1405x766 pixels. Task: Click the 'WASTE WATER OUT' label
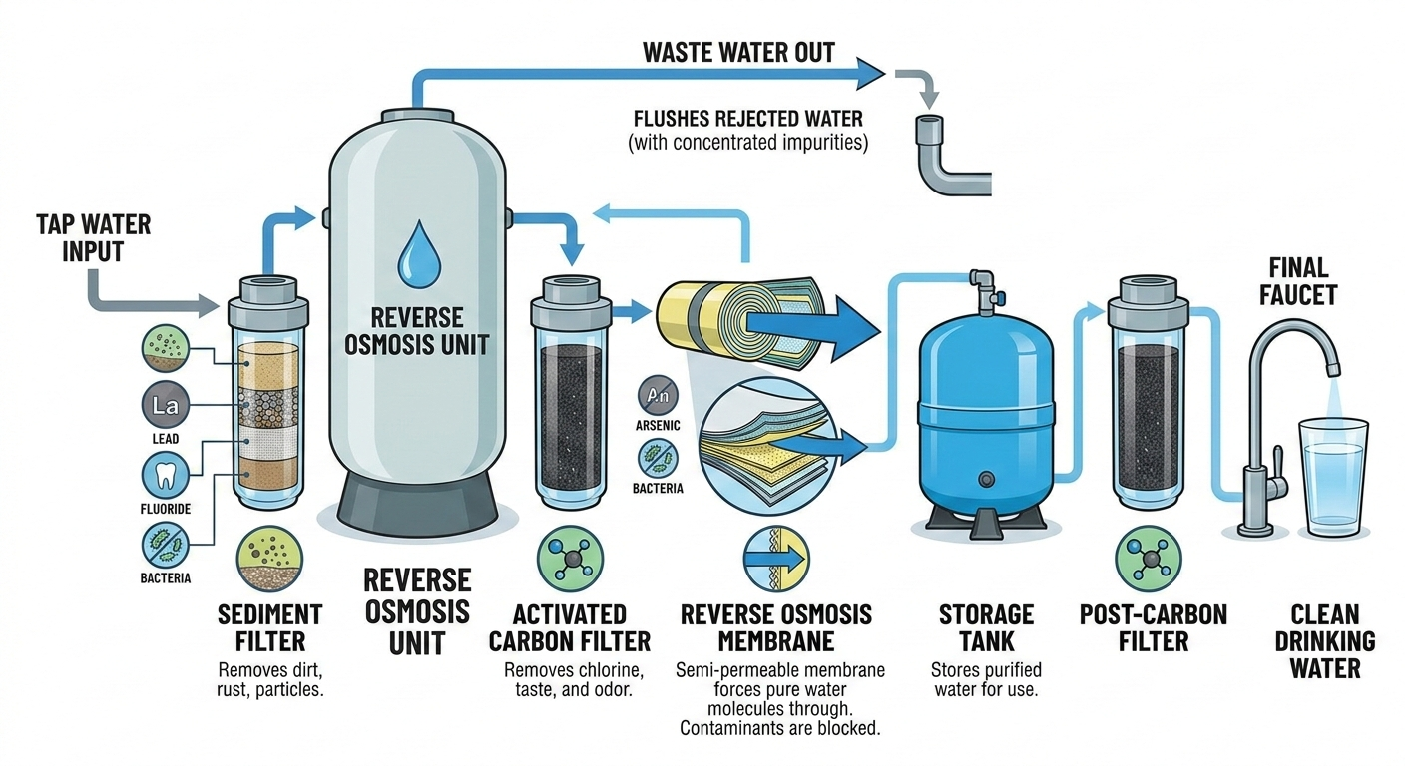pos(738,52)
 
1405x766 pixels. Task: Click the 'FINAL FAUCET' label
pos(1298,280)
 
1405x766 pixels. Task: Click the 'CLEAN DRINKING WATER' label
pos(1325,640)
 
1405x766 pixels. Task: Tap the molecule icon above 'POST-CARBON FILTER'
pos(1144,556)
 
